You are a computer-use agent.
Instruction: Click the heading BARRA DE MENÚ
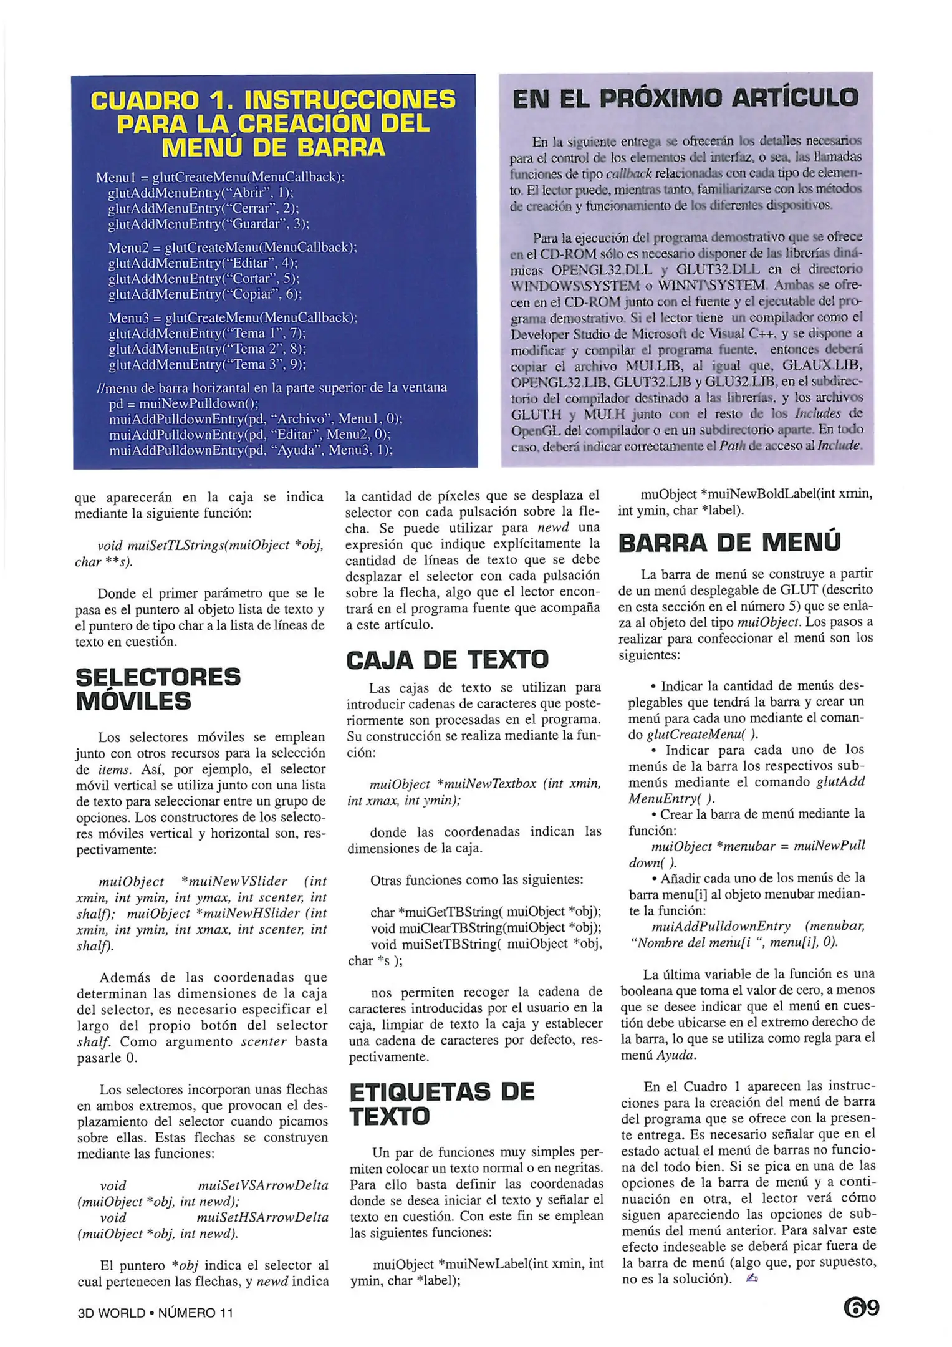tap(729, 543)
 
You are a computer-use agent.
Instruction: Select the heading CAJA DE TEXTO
tap(447, 660)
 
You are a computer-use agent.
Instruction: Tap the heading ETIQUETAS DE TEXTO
tap(441, 1104)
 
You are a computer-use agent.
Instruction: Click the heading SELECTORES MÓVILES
tap(158, 689)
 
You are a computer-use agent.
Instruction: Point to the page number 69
tap(861, 1307)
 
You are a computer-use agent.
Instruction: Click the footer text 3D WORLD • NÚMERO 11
tap(155, 1313)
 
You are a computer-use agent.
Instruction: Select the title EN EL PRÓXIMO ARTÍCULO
tap(685, 99)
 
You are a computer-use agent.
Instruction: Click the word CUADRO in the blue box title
tap(145, 100)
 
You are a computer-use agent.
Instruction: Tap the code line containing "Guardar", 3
tap(208, 224)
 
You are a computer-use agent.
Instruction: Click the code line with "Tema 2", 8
tap(207, 349)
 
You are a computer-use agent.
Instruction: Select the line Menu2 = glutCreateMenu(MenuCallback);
tap(232, 248)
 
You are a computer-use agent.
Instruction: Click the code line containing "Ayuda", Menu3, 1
tap(250, 450)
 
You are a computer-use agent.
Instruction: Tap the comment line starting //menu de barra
tap(272, 388)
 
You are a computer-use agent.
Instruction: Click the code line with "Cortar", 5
tap(203, 279)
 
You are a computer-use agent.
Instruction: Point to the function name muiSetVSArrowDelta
tap(262, 1185)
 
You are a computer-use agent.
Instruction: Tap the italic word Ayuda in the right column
tap(676, 1055)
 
